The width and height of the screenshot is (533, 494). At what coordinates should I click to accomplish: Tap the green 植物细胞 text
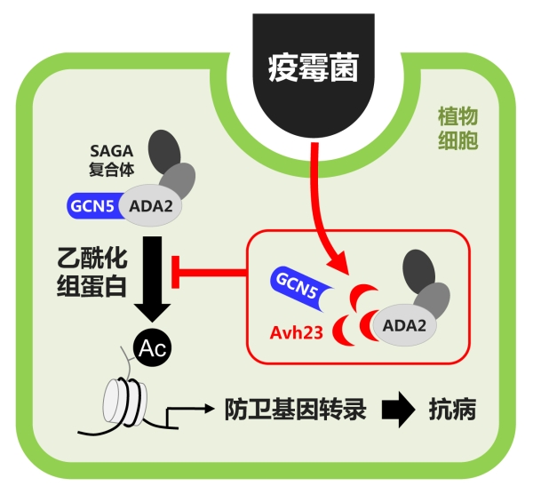[457, 129]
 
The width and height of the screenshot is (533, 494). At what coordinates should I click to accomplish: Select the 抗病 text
[454, 410]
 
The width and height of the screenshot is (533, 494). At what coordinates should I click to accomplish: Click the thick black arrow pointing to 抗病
[396, 410]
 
